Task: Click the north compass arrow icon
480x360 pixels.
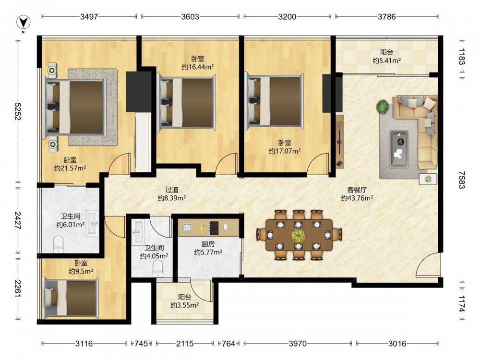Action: (23, 22)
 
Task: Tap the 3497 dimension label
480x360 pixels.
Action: (89, 16)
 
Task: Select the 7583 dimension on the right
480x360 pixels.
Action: (462, 180)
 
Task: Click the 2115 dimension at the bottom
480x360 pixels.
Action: (185, 344)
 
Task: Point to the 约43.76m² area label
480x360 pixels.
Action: (357, 198)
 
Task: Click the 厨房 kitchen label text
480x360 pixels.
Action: (208, 244)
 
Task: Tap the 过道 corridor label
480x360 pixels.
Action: (172, 190)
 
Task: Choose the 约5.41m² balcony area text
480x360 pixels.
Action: (386, 60)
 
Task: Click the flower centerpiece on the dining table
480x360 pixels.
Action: (298, 236)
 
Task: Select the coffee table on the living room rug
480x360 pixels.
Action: (399, 149)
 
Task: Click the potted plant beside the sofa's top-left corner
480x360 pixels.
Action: (383, 107)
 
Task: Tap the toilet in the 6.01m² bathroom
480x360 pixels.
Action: (58, 244)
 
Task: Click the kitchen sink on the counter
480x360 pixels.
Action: (187, 228)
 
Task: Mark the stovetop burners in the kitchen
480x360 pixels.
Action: (214, 228)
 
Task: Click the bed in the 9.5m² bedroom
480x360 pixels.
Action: (71, 298)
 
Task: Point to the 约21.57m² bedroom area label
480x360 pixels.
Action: (70, 168)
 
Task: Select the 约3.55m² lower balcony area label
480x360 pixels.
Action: (185, 305)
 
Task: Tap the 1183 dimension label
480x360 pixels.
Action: (462, 57)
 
